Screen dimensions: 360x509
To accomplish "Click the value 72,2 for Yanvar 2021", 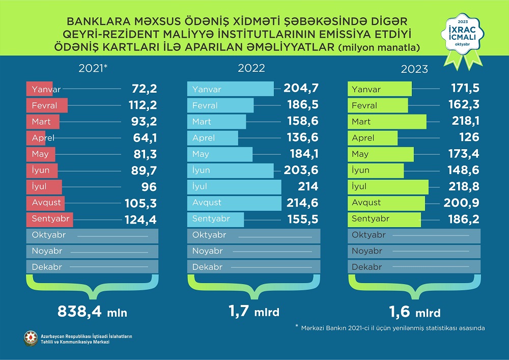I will (140, 90).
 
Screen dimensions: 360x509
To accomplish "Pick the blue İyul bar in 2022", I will (234, 186).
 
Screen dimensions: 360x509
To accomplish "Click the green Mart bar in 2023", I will (387, 122).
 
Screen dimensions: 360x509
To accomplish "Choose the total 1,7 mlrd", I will (254, 311).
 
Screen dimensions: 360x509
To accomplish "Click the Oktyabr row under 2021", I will (92, 235).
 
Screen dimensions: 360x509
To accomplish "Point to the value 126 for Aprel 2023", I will (468, 138).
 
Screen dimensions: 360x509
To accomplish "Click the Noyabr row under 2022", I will (254, 251).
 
